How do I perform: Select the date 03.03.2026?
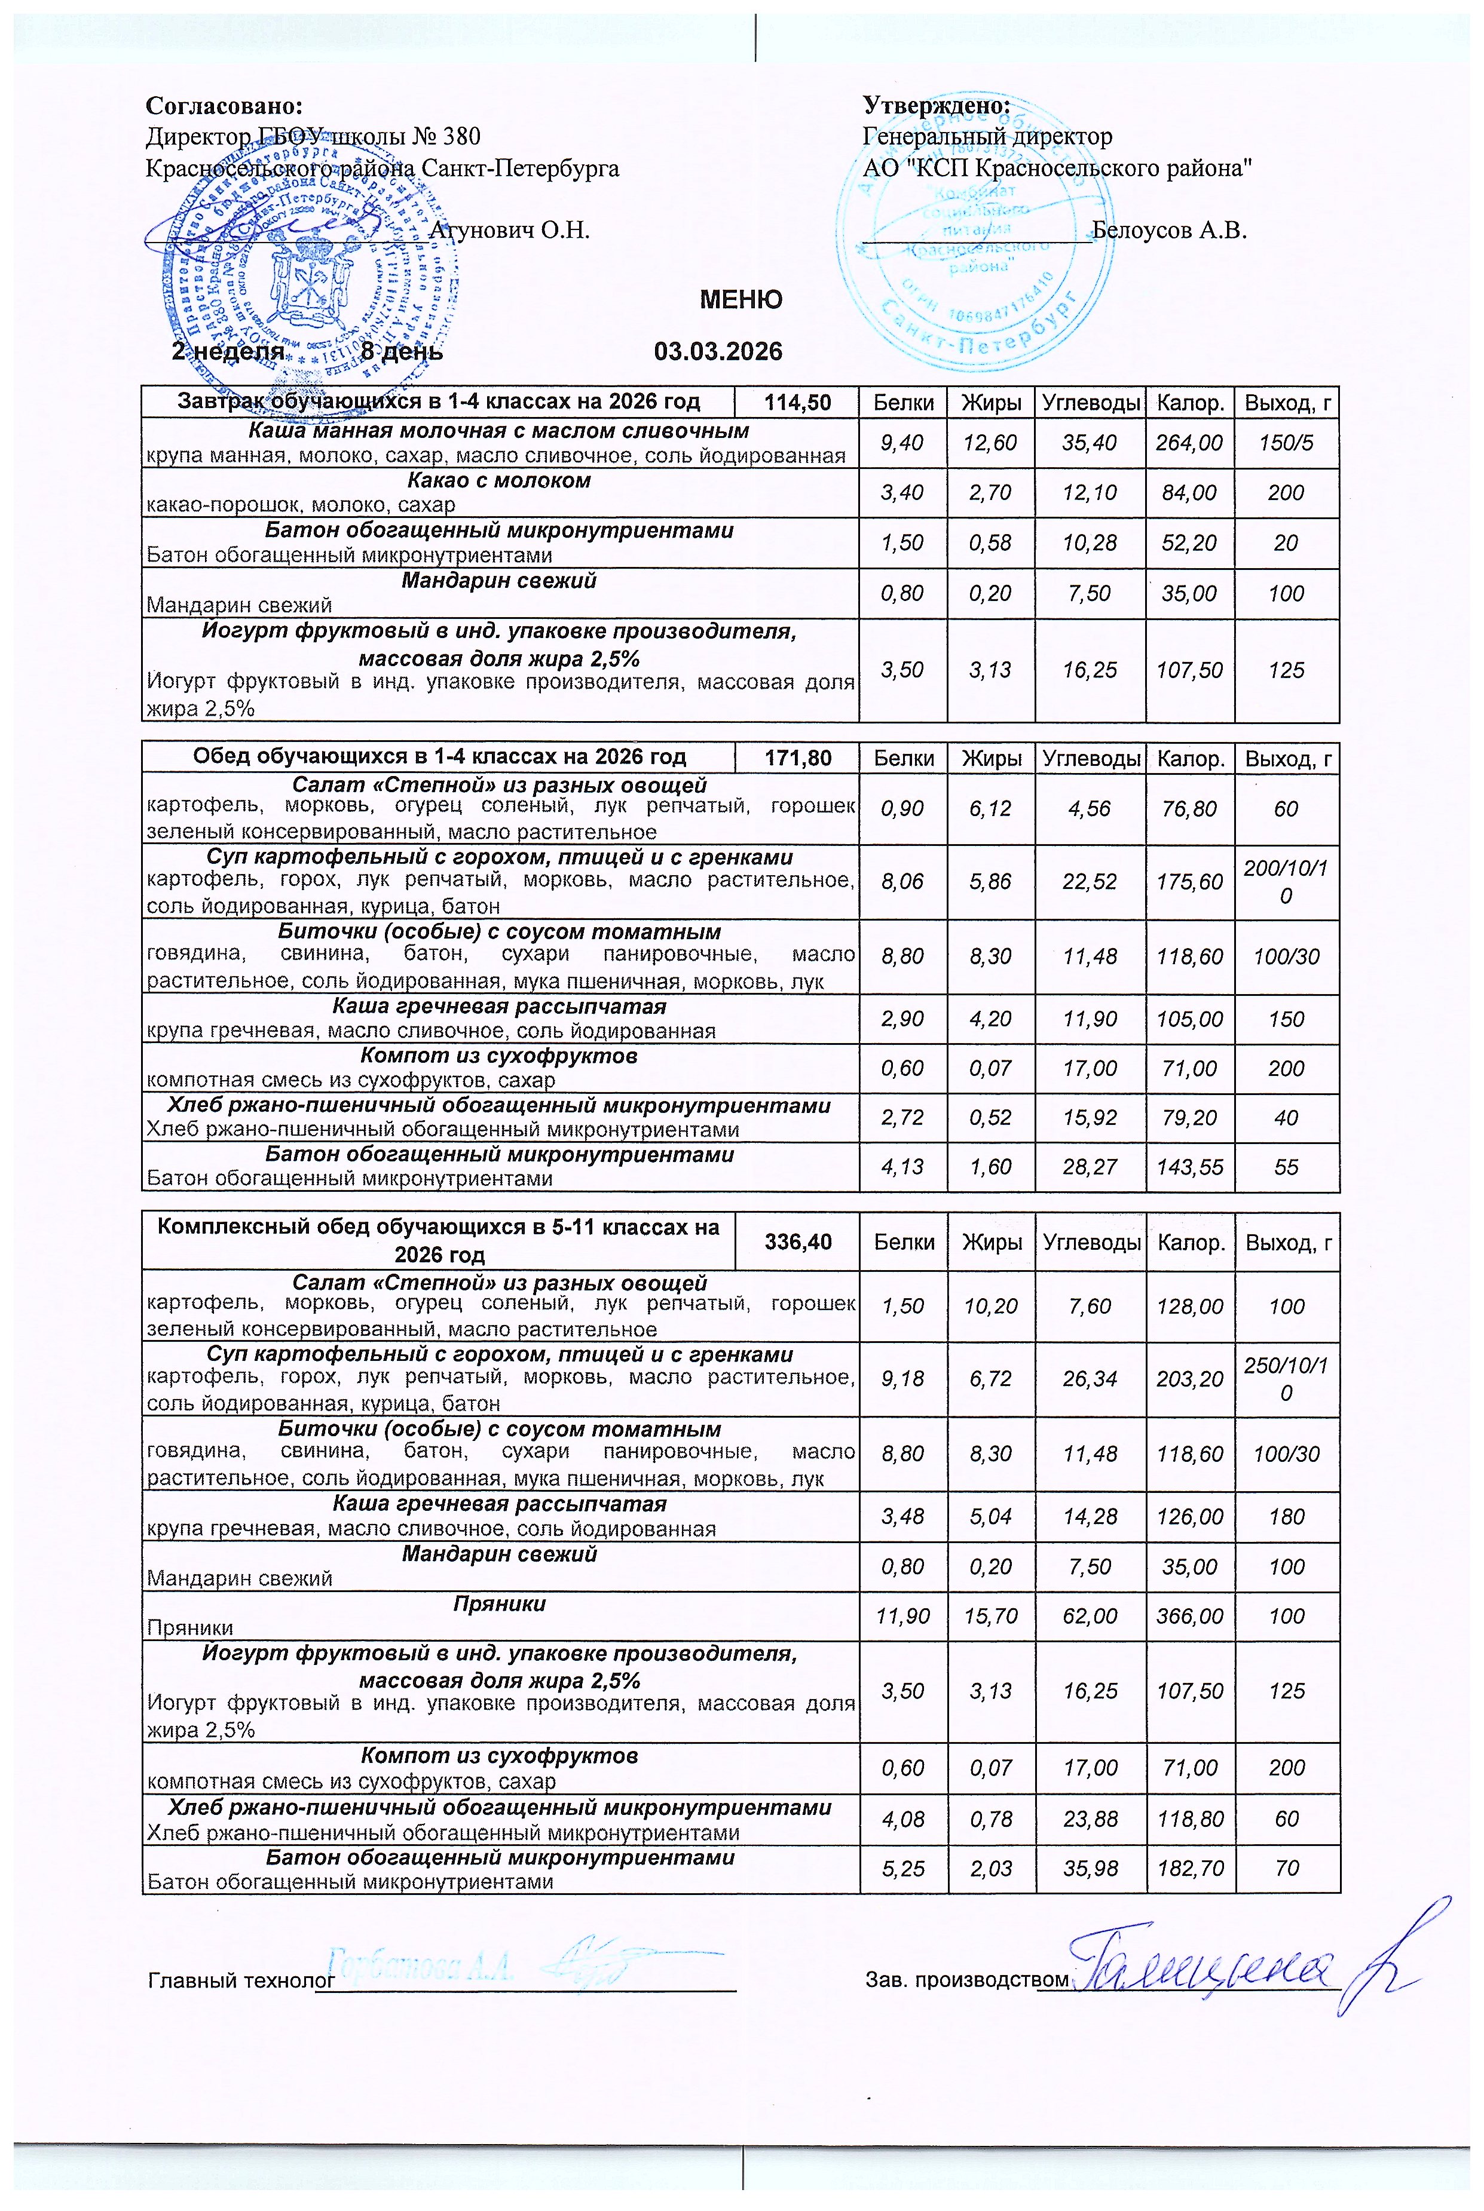click(x=718, y=352)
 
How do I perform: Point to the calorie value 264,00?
click(x=1190, y=443)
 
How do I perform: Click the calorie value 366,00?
click(x=1190, y=1616)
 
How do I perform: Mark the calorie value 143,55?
click(x=1190, y=1167)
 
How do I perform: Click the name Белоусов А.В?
click(x=1169, y=230)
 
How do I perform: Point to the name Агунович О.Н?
click(x=509, y=230)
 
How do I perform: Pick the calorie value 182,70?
click(x=1190, y=1869)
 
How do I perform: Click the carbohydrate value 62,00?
click(x=1090, y=1616)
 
